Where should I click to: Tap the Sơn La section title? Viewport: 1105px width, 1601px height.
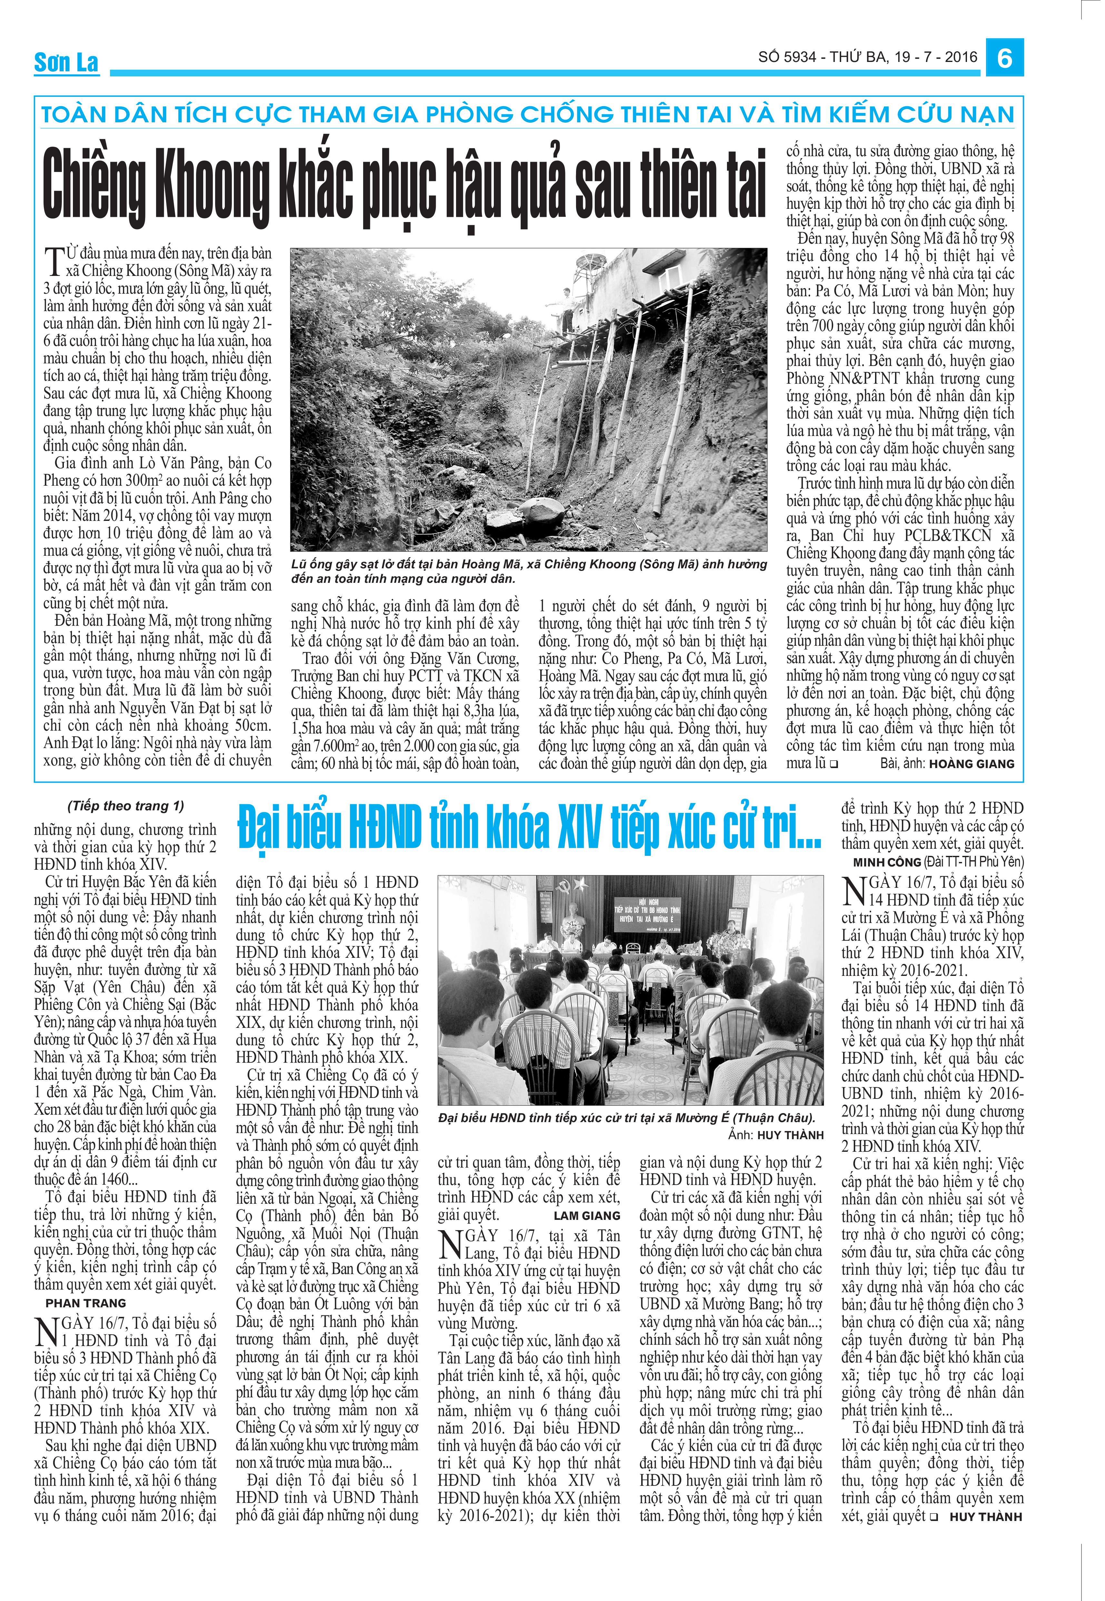pyautogui.click(x=66, y=62)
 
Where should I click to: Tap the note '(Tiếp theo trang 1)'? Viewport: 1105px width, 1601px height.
pyautogui.click(x=126, y=806)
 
